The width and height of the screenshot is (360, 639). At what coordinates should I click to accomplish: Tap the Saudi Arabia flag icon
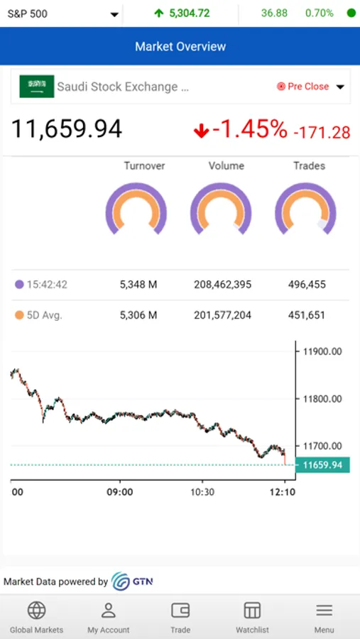pos(37,87)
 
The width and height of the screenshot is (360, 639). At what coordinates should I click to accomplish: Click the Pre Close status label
pos(308,87)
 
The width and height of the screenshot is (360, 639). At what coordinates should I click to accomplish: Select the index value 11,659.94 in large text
pos(67,129)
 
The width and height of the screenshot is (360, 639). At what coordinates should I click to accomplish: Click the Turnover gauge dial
pos(136,210)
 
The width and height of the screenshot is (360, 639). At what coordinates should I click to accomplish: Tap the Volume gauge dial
pos(221,210)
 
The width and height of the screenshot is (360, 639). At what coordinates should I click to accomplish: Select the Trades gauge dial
pos(305,210)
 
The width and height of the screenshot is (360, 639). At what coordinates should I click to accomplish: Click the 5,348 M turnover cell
pos(138,285)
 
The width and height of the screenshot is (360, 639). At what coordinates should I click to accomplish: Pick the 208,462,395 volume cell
pos(222,285)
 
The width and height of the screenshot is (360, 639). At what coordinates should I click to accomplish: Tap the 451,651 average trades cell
pos(307,315)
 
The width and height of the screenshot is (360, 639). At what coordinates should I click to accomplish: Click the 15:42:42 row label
pos(47,285)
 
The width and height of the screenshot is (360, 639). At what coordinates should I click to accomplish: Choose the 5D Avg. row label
pos(44,315)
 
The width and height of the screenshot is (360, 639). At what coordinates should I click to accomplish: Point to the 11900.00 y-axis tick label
pos(322,351)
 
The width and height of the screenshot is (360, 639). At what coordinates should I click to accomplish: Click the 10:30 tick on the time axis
pos(202,491)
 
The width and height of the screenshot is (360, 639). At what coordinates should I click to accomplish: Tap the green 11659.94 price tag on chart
pos(323,466)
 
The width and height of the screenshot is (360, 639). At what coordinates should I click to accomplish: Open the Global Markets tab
pos(36,617)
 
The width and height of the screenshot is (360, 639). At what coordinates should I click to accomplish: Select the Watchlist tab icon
pos(252,611)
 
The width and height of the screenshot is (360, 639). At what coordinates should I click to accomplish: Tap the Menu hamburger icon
pos(324,611)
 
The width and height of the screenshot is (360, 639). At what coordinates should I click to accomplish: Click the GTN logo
pos(132,581)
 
